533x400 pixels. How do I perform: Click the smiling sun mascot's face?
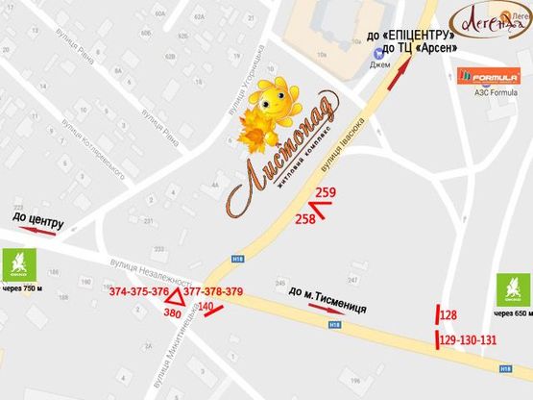(x=274, y=104)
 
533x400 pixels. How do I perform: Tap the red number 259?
(x=326, y=193)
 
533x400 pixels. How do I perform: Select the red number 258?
(x=304, y=219)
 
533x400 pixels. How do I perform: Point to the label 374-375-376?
(x=138, y=291)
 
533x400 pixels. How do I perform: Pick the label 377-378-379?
(x=212, y=291)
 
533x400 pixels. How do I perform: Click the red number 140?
(x=206, y=307)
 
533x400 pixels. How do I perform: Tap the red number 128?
(x=448, y=314)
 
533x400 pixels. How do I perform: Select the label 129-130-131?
(x=468, y=339)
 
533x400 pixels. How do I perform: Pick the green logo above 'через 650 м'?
(x=512, y=288)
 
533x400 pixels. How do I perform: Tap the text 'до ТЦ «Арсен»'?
(x=419, y=48)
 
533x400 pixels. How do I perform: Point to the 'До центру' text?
(x=38, y=219)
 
